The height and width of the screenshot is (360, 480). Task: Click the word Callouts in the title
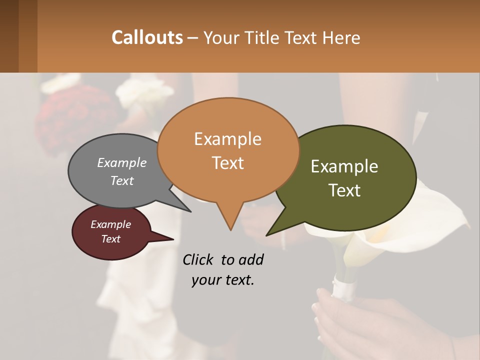point(147,37)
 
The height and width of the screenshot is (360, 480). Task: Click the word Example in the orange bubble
point(227,139)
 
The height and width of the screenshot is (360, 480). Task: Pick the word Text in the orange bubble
point(228,163)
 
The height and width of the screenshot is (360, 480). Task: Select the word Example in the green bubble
point(344,166)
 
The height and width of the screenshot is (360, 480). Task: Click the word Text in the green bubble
point(345,190)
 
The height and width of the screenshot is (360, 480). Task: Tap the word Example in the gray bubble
point(122,162)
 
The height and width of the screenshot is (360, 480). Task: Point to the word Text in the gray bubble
point(122,180)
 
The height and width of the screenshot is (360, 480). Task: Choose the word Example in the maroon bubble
point(111,224)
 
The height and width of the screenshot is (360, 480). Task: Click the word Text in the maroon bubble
point(111,239)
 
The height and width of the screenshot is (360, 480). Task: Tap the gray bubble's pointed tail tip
point(190,211)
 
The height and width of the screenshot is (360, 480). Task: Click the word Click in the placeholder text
point(199,259)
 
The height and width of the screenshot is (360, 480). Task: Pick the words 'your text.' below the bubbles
point(223,280)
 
